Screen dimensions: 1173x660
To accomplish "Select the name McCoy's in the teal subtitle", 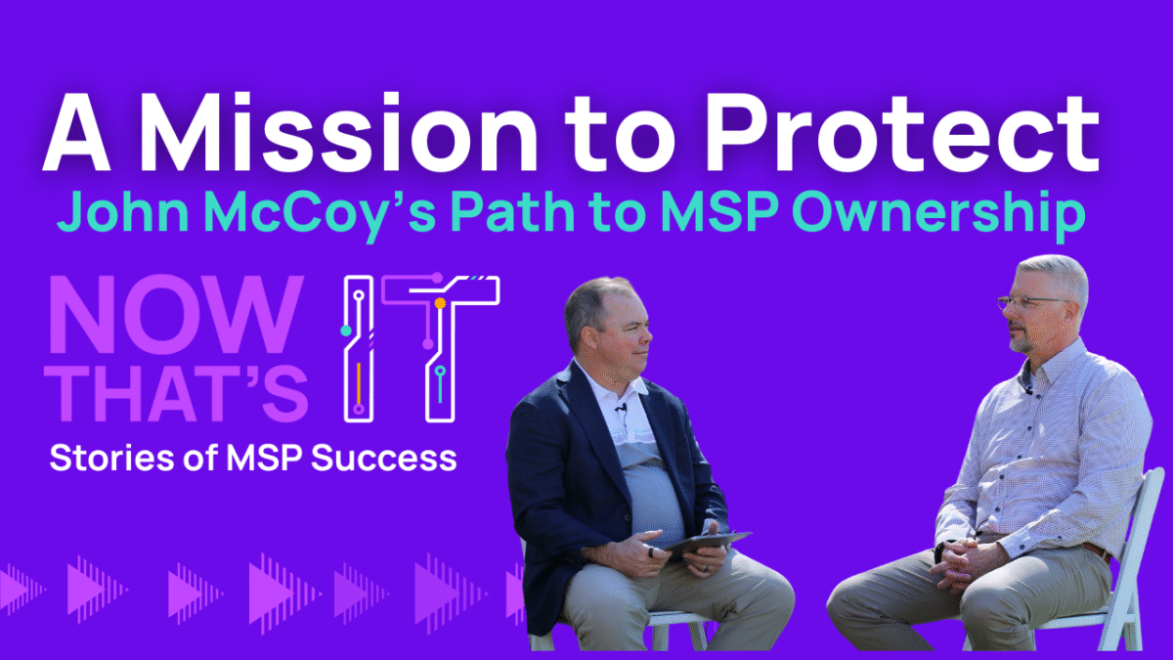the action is [x=321, y=215].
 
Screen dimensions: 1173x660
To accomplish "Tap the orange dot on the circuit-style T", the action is [x=441, y=303].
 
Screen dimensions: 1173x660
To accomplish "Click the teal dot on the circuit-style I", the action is [x=346, y=330].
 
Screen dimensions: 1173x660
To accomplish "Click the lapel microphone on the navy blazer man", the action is [x=622, y=408].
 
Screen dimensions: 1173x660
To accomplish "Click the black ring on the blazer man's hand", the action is [x=651, y=552].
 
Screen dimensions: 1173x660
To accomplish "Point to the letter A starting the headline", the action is [x=76, y=133].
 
